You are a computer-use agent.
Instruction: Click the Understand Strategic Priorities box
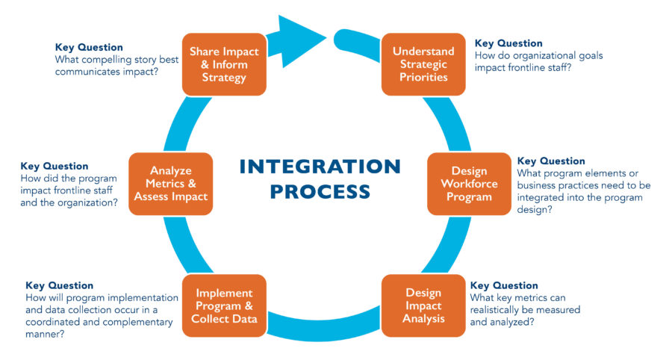[x=423, y=64]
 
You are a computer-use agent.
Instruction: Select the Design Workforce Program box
[x=468, y=184]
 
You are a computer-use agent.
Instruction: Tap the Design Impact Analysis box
[x=423, y=305]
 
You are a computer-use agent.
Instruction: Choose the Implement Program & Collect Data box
[x=224, y=305]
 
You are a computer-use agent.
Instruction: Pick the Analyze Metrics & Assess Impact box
[x=170, y=184]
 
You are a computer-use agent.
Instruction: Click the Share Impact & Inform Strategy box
[x=224, y=64]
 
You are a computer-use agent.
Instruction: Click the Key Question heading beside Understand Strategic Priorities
[x=508, y=43]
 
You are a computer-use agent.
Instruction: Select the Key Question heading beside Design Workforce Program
[x=551, y=161]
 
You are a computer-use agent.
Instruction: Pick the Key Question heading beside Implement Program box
[x=60, y=285]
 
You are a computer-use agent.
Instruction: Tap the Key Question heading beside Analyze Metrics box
[x=55, y=166]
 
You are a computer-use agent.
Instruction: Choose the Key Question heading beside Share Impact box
[x=89, y=47]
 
